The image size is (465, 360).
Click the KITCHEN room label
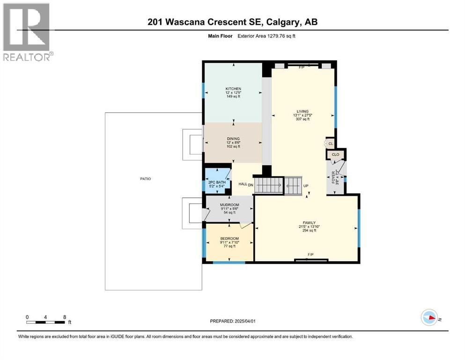[233, 89]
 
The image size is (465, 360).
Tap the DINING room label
[233, 139]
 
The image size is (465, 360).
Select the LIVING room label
[303, 112]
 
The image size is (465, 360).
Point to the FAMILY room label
[309, 223]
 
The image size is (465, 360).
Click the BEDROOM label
[229, 239]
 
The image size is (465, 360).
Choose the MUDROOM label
[229, 205]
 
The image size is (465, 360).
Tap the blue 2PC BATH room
[217, 179]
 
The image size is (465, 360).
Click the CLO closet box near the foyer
[335, 154]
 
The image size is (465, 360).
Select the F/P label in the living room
[302, 67]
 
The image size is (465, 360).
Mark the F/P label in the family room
[310, 255]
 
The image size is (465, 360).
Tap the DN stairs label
[251, 184]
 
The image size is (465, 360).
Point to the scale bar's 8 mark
[64, 317]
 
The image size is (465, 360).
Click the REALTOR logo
[26, 32]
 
